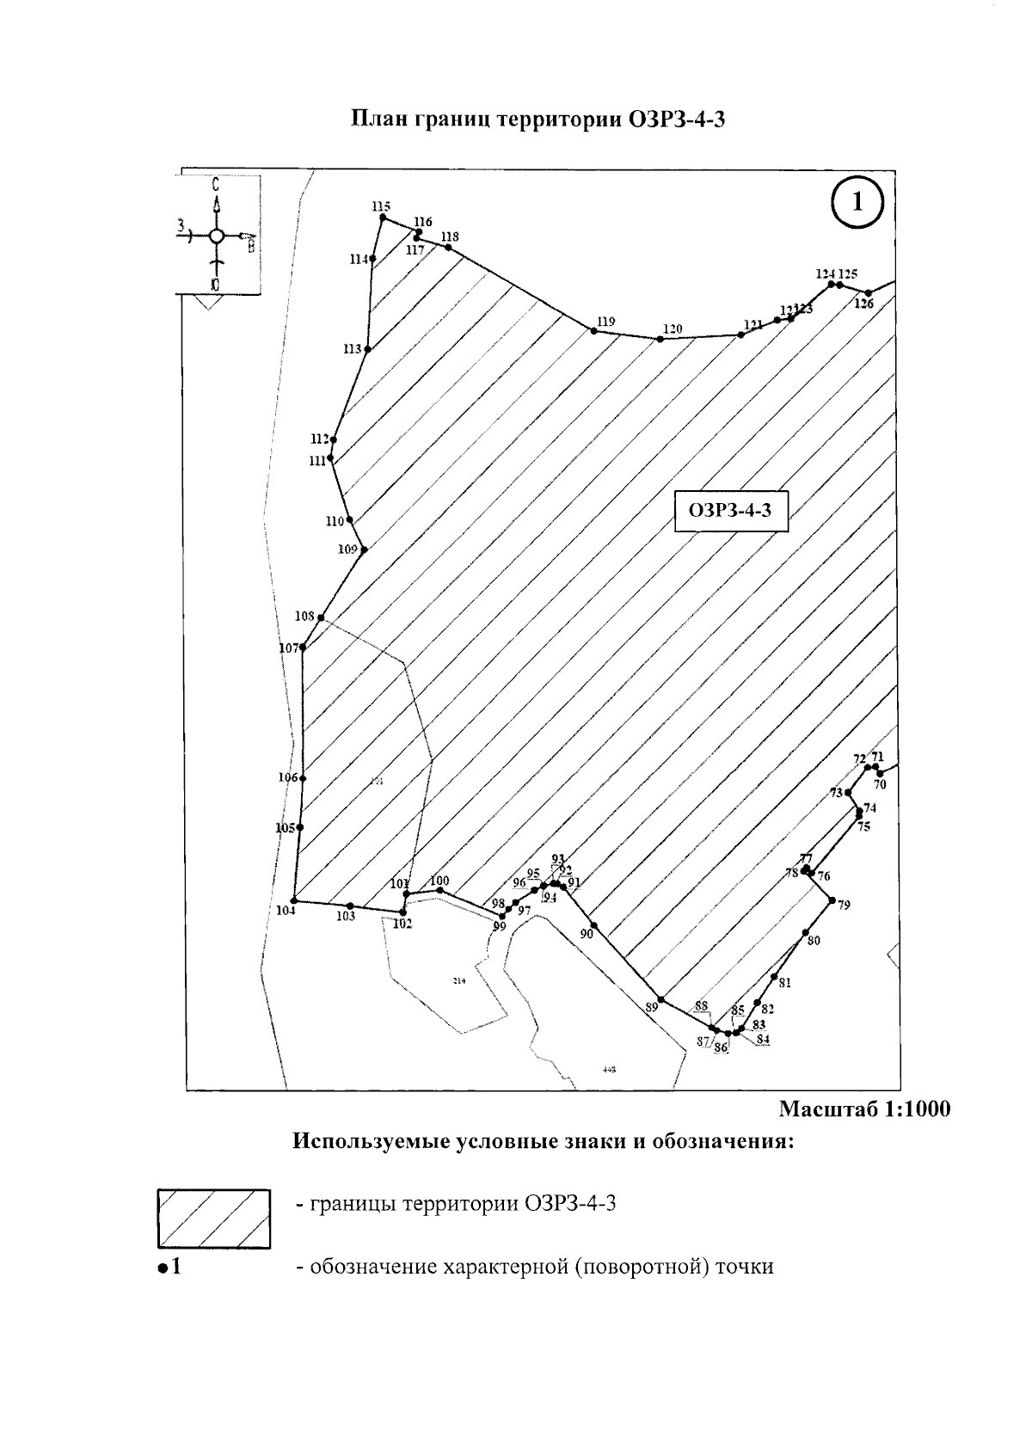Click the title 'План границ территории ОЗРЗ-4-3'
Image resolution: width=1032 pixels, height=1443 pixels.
pos(538,120)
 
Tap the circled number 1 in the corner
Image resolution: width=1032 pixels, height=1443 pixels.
pos(857,204)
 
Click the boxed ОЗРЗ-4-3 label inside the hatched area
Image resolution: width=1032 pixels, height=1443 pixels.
pos(730,511)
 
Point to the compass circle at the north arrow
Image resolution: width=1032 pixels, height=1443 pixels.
pos(217,236)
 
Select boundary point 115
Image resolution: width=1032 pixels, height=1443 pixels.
pos(383,218)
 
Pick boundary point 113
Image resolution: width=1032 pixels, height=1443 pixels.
pos(368,349)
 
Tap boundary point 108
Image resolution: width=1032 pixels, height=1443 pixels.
pos(321,617)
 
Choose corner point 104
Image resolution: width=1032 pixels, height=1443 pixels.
pos(294,900)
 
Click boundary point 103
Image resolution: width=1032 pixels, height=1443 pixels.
pos(350,906)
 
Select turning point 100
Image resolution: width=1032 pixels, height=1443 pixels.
pos(439,890)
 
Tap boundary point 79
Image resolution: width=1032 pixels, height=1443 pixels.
pos(832,900)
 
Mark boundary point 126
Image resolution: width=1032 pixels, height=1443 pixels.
pos(869,292)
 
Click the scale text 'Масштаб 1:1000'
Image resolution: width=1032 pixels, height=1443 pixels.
pos(864,1109)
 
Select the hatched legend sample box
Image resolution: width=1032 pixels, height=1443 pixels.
pos(214,1219)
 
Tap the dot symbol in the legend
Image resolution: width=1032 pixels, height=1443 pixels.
pos(161,1268)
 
